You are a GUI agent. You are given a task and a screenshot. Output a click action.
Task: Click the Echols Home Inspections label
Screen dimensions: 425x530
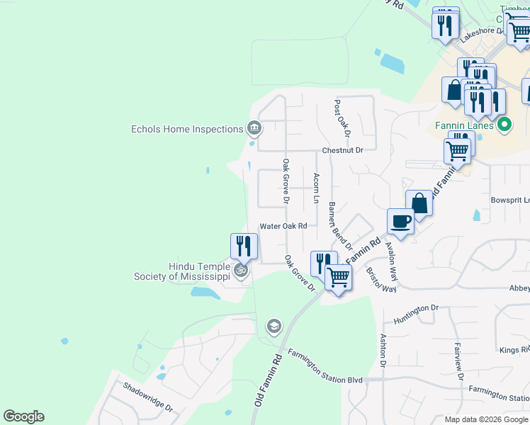[187, 129]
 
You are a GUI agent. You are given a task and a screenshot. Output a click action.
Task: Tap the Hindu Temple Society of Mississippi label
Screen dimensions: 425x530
[181, 271]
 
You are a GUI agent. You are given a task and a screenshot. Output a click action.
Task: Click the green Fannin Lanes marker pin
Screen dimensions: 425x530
[504, 127]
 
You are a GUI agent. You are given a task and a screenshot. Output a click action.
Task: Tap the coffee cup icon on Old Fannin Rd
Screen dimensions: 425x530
[401, 220]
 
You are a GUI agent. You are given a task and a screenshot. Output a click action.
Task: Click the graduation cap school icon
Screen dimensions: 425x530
[273, 327]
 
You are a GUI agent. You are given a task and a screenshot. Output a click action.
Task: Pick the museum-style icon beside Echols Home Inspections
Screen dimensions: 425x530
[254, 128]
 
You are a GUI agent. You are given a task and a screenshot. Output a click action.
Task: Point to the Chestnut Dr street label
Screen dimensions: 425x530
[342, 150]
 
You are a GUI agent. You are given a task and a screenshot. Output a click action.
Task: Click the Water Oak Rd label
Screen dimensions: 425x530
[283, 226]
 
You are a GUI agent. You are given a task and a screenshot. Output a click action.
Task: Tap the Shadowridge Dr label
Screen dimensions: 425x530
[147, 397]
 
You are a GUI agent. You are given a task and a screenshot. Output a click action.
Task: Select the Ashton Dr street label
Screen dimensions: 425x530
[383, 351]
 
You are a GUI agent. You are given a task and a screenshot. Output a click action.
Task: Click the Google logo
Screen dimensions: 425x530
[23, 416]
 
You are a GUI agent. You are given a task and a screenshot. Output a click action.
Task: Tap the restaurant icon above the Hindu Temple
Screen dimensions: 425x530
[244, 246]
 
